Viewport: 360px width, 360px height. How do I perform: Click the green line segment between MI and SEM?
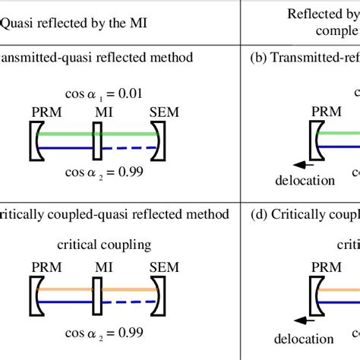coord(128,134)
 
